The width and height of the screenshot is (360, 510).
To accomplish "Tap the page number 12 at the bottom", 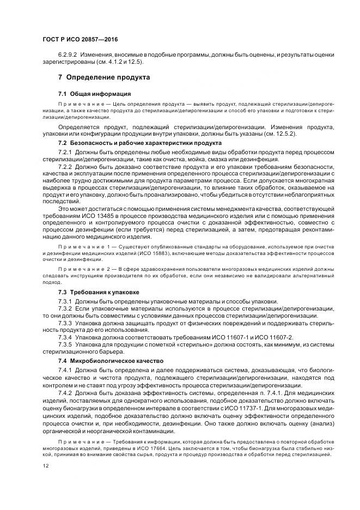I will click(x=46, y=466).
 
